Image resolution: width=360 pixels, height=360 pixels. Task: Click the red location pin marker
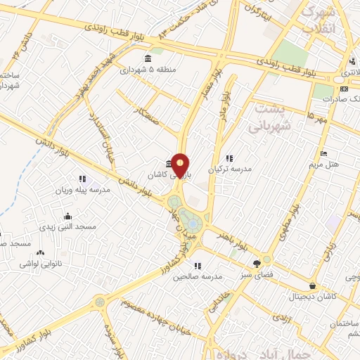[x=181, y=166]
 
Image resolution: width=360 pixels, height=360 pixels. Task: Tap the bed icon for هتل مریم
[x=323, y=153]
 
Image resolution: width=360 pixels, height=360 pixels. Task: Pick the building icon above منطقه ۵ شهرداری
[x=147, y=58]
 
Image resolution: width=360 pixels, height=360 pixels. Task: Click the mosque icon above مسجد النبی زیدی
[x=67, y=216]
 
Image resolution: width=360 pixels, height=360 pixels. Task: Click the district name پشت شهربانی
[x=266, y=117]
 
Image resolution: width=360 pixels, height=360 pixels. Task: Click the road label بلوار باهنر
[x=233, y=239]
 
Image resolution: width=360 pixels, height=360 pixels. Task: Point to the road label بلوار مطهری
[x=288, y=217]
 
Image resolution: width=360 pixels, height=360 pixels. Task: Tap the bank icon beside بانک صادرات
[x=344, y=89]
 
